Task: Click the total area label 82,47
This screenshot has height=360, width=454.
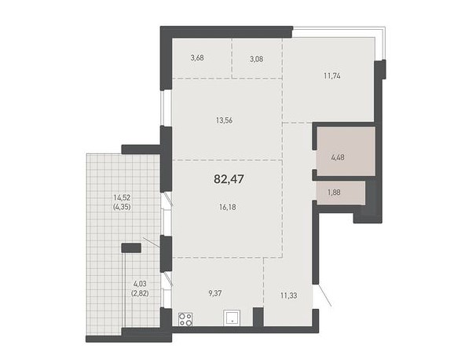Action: pos(229,179)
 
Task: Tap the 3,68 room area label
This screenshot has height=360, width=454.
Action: pos(197,58)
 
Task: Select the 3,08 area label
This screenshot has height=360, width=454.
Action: pos(257,59)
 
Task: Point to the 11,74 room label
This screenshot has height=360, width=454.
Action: pos(332,76)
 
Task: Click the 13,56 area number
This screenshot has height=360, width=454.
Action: pos(225,120)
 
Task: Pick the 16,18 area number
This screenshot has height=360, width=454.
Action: pos(228,207)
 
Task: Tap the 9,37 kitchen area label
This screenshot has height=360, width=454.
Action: pos(215,293)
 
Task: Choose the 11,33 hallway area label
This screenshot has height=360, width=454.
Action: pos(289,296)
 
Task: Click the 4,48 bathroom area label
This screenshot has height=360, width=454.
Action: pos(338,158)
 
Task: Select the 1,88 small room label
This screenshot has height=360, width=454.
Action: pos(334,192)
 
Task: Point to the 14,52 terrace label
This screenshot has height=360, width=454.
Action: pos(122,197)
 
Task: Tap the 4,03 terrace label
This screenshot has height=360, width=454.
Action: pos(140,284)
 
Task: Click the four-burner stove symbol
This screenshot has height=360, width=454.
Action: pos(185,319)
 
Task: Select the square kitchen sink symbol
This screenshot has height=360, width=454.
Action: pos(232,318)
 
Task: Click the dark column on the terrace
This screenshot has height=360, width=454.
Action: pos(131,248)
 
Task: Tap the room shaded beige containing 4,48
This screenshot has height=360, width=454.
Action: pos(346,151)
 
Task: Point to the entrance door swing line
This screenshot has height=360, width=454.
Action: pos(325,296)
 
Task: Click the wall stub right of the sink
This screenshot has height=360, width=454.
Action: pos(258,317)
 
